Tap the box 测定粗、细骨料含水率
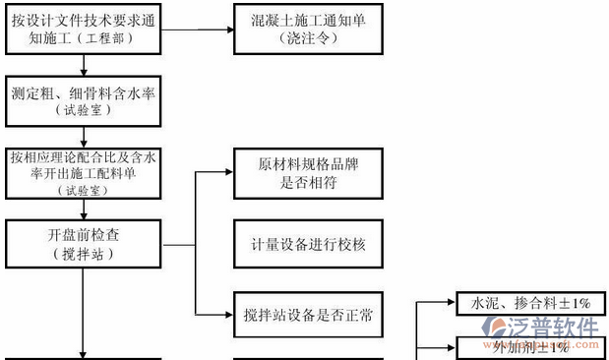(x=85, y=101)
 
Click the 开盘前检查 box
(x=85, y=243)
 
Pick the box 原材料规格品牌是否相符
(x=307, y=173)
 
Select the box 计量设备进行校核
(x=307, y=243)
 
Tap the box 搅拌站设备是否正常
(x=307, y=314)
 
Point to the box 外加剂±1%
(x=522, y=346)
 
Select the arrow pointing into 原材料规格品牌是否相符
(x=221, y=173)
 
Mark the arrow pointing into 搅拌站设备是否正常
(x=221, y=314)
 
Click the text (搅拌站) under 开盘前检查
(x=85, y=256)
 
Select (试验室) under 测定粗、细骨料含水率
(x=85, y=113)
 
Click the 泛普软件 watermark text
(x=565, y=328)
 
